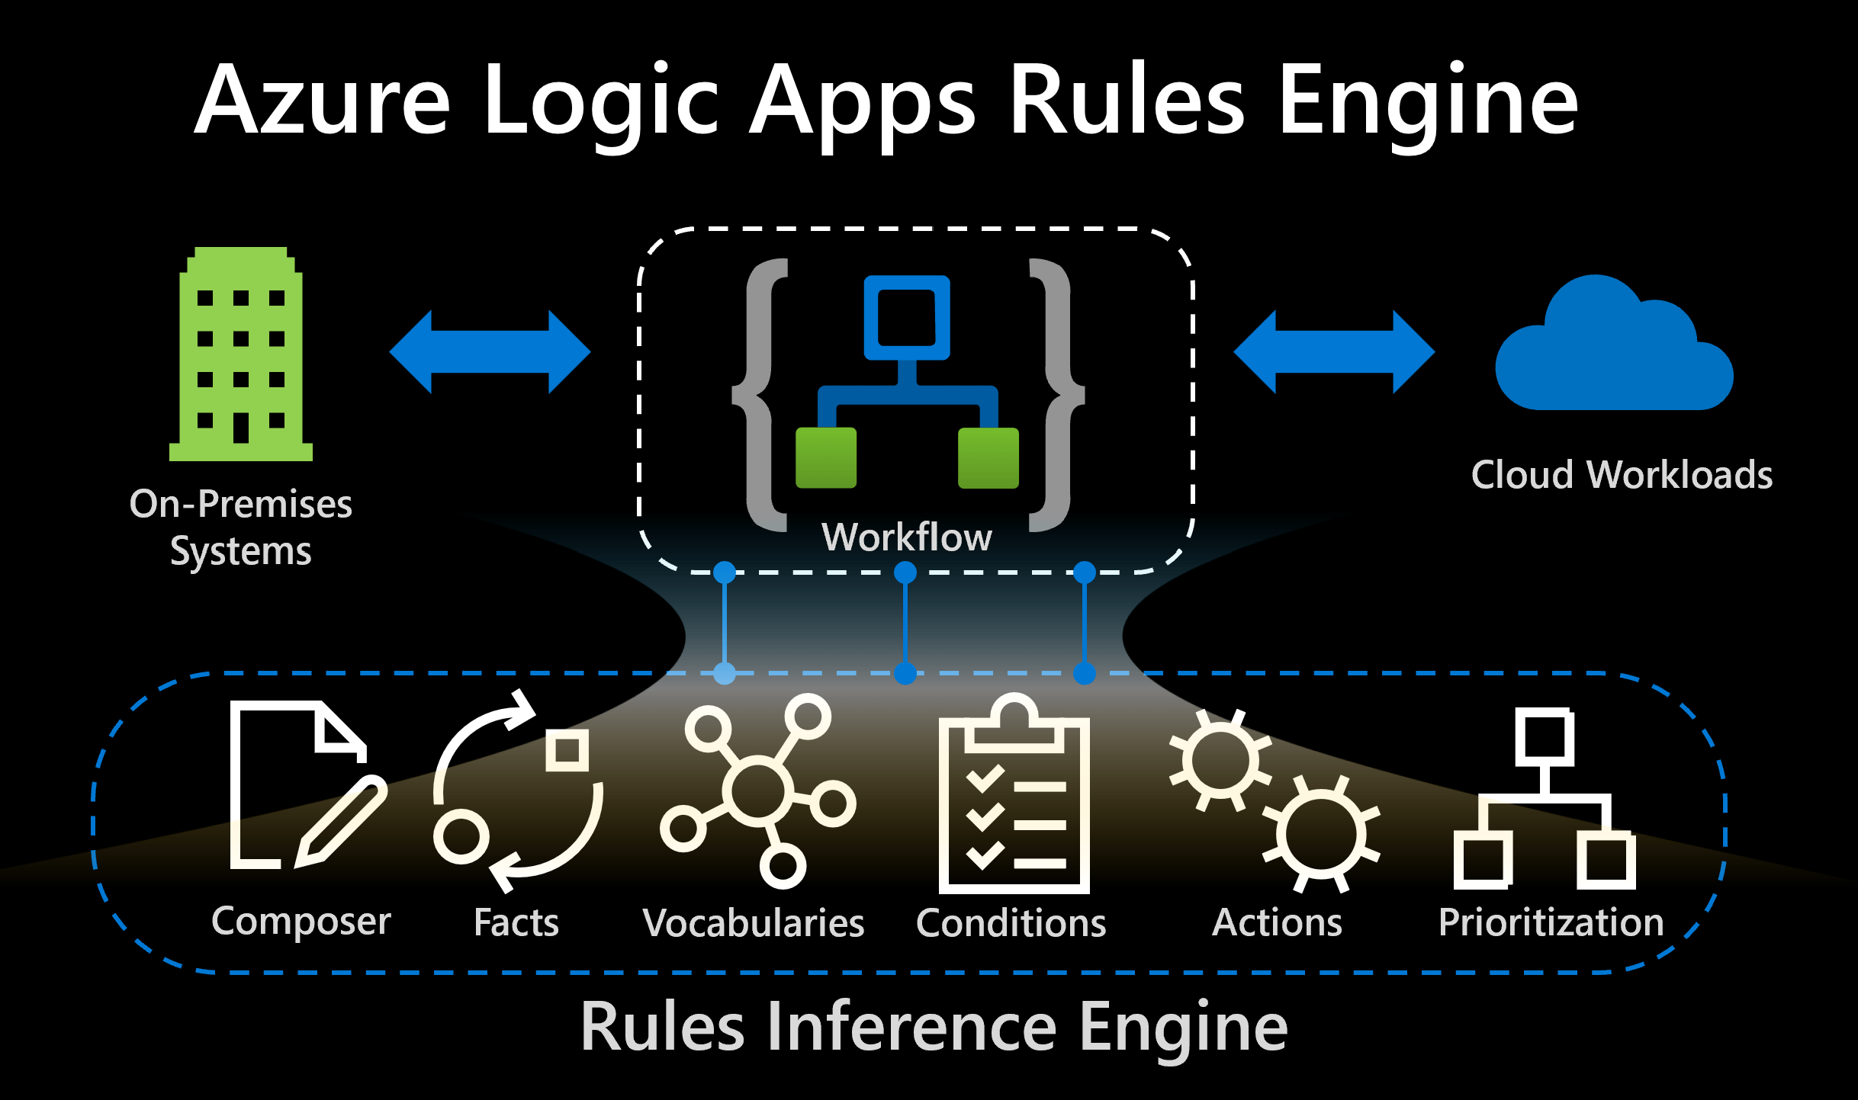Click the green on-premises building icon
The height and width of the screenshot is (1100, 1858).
pyautogui.click(x=241, y=354)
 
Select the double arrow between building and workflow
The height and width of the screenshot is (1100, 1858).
pyautogui.click(x=490, y=352)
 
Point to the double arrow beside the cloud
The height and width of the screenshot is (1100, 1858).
pyautogui.click(x=1334, y=352)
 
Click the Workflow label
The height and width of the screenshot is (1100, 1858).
pyautogui.click(x=907, y=537)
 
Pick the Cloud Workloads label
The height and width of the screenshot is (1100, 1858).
pyautogui.click(x=1622, y=475)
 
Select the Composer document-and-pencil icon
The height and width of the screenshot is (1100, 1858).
pyautogui.click(x=305, y=785)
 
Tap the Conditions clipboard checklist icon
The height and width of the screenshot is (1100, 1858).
pyautogui.click(x=1014, y=797)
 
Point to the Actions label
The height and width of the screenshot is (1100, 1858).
pyautogui.click(x=1277, y=922)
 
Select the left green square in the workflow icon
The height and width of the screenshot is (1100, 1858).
pyautogui.click(x=825, y=457)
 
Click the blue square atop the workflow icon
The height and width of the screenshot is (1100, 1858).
pyautogui.click(x=907, y=317)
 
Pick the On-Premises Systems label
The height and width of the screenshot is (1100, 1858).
pyautogui.click(x=241, y=527)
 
